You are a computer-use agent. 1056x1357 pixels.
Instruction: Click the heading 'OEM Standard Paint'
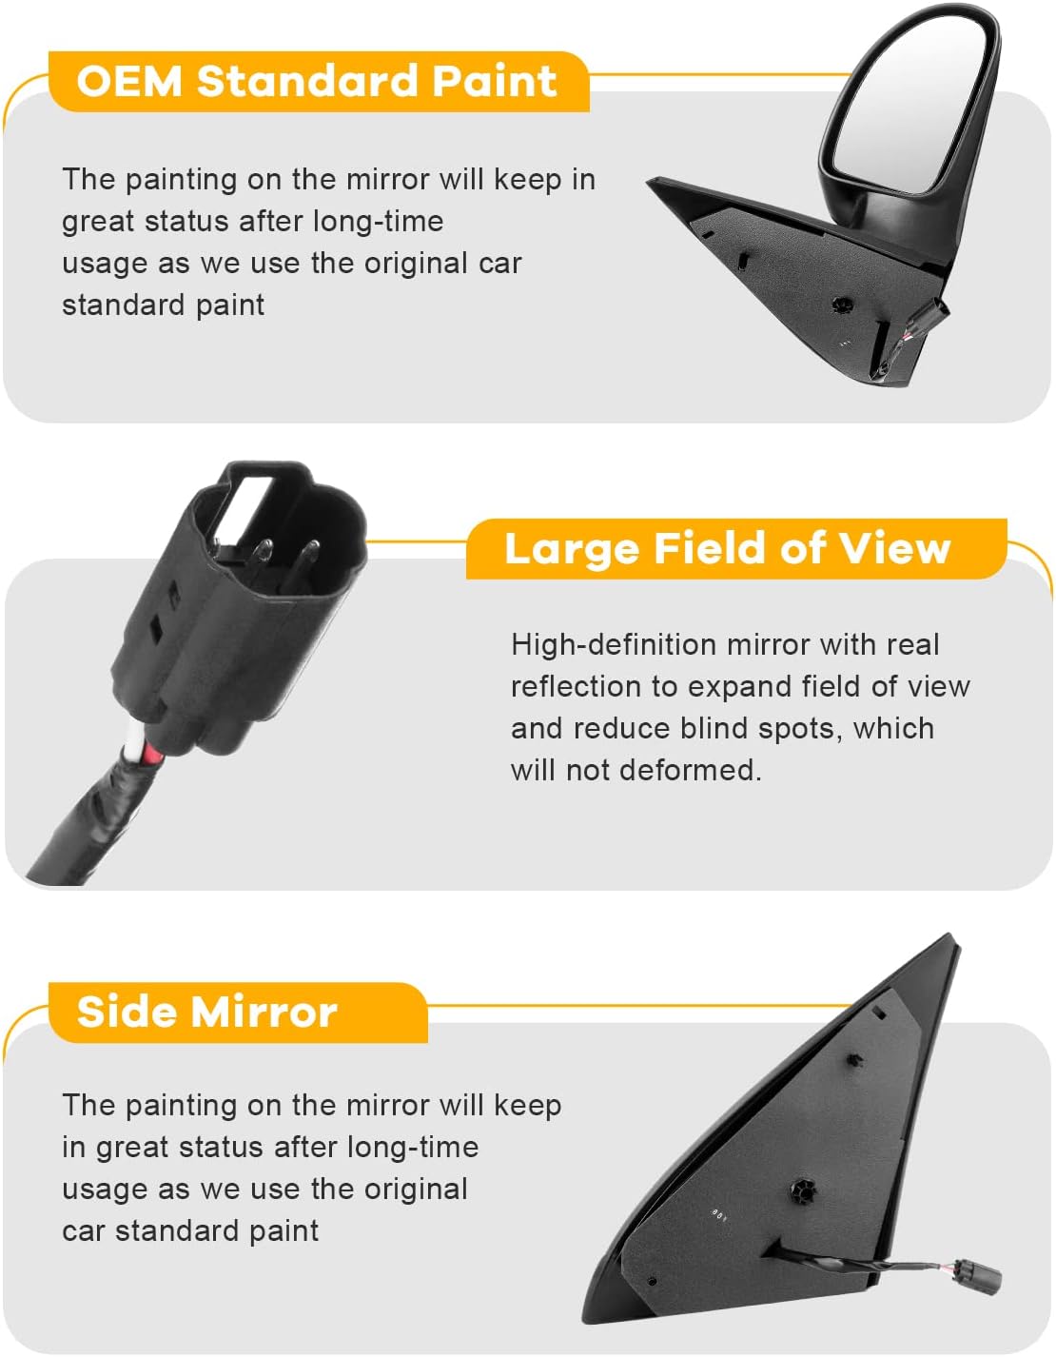pos(316,82)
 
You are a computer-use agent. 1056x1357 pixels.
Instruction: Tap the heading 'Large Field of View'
pos(727,549)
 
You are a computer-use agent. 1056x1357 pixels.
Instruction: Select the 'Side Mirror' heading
pos(206,1012)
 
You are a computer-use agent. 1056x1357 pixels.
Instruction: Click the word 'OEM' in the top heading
pos(129,82)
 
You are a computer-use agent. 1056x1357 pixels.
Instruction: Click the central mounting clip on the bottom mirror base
pos(801,1190)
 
